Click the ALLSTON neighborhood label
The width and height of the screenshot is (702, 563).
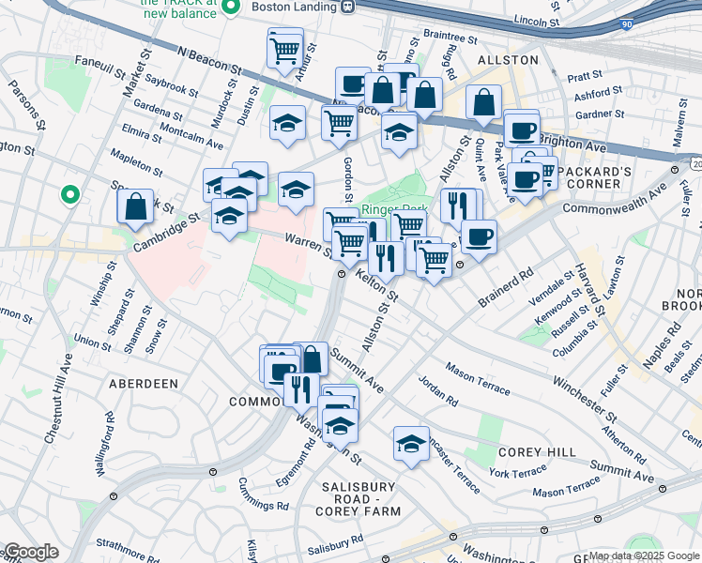(x=508, y=59)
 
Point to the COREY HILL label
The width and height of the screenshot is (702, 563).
(x=537, y=452)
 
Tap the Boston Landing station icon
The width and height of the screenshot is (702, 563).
(x=347, y=7)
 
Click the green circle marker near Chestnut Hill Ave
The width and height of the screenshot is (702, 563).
(x=69, y=195)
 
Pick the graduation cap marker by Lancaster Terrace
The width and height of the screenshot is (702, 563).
(x=411, y=444)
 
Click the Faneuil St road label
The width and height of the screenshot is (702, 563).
(x=99, y=67)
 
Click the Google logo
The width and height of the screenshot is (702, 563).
(x=30, y=553)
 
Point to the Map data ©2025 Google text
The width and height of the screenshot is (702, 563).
(x=644, y=555)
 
